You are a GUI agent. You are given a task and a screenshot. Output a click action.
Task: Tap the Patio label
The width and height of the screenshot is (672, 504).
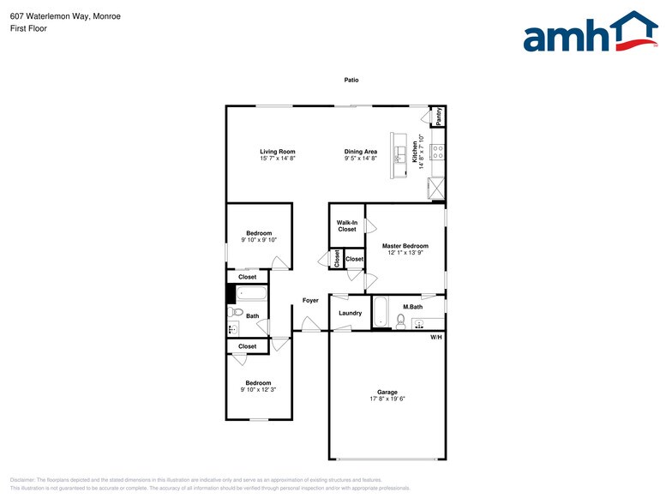[x=351, y=80]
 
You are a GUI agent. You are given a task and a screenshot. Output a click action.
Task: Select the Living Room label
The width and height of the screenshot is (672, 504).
[x=278, y=152]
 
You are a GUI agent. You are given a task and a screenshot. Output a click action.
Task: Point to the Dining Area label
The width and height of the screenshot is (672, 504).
[x=361, y=152]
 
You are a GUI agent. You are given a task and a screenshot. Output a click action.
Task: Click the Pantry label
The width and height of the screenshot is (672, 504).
[x=439, y=117]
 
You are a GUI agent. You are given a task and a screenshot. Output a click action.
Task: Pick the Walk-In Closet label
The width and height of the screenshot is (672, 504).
[x=347, y=226]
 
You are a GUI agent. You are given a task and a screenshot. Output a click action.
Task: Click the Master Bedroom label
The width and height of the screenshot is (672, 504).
[x=405, y=246]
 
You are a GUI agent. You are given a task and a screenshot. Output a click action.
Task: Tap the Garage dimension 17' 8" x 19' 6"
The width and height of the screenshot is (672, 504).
[x=387, y=399]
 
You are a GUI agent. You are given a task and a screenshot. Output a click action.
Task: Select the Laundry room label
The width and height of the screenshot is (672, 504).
[x=350, y=313]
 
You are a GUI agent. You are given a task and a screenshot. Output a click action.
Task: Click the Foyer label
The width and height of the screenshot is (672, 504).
[x=310, y=300]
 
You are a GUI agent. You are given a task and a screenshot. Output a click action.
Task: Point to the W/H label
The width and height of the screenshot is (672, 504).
[x=436, y=337]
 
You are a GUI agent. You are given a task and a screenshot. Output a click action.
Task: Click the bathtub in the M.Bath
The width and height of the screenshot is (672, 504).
[x=382, y=312]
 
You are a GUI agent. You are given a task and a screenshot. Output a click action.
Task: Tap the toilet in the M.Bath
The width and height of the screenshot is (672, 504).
[x=400, y=321]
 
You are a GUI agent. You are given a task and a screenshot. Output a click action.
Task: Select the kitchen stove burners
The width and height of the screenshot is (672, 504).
[x=437, y=152]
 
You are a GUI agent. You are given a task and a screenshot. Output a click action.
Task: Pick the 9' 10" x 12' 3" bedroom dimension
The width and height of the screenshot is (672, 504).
[x=259, y=390]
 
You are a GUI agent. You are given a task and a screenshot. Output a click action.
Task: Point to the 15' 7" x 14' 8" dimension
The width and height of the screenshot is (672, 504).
[x=278, y=159]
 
